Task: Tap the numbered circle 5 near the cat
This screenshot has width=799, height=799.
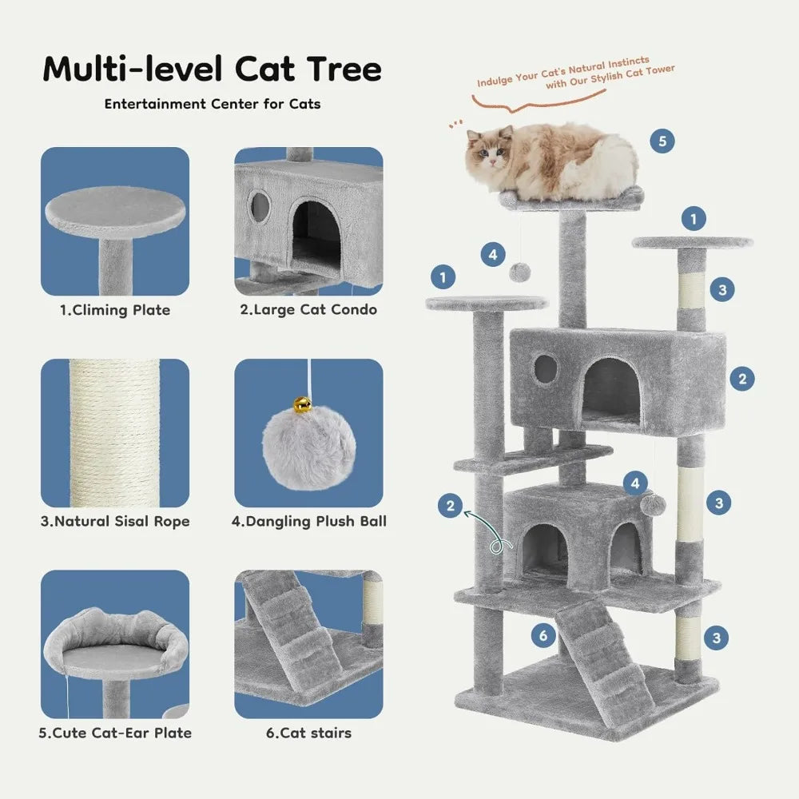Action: pyautogui.click(x=661, y=142)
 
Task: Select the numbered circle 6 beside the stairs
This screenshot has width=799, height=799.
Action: pyautogui.click(x=543, y=636)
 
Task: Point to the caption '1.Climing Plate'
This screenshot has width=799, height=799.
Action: pyautogui.click(x=115, y=311)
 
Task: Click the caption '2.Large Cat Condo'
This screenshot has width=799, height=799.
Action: pyautogui.click(x=308, y=309)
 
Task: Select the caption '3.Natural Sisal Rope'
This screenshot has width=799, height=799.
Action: pyautogui.click(x=115, y=522)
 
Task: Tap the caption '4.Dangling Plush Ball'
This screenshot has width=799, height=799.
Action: pyautogui.click(x=308, y=522)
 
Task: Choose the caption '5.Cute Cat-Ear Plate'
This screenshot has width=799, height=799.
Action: pyautogui.click(x=116, y=732)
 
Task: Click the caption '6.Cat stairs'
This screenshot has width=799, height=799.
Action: pyautogui.click(x=308, y=732)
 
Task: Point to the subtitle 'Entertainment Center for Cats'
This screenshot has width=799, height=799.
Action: pyautogui.click(x=212, y=104)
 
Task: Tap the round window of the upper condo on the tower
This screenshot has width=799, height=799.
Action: pyautogui.click(x=546, y=368)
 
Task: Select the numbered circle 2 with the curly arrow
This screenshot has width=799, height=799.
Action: pyautogui.click(x=451, y=506)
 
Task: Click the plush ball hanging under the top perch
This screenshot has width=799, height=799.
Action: pyautogui.click(x=519, y=271)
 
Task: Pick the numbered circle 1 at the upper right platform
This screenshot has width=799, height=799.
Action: pyautogui.click(x=694, y=217)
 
